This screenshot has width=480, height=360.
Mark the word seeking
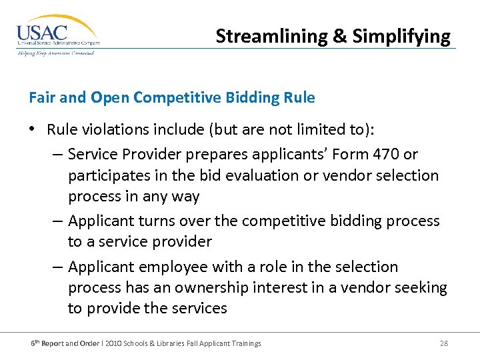tap(421, 287)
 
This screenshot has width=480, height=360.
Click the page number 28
tap(444, 343)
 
